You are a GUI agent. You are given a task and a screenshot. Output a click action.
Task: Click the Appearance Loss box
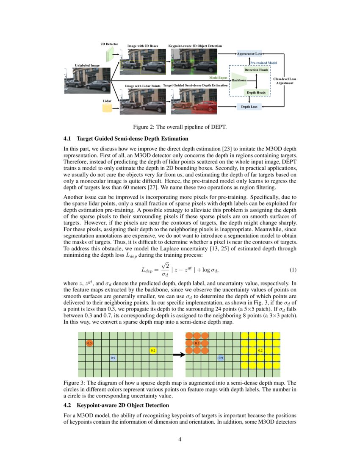point(249,54)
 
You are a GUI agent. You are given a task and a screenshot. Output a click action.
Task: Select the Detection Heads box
point(256,69)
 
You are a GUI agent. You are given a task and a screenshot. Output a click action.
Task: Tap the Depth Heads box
point(256,92)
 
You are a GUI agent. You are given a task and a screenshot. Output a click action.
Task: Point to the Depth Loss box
point(249,107)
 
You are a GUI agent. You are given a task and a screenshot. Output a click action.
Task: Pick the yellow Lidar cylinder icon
point(107,109)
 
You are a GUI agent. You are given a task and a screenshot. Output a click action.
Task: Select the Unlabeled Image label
point(87,66)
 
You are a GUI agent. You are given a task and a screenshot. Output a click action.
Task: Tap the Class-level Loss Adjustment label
point(284,81)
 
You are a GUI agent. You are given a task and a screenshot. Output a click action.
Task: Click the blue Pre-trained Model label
point(263,62)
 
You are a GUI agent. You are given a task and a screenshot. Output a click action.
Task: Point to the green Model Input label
point(219,78)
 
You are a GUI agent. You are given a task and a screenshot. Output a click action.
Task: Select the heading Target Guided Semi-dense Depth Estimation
point(133,139)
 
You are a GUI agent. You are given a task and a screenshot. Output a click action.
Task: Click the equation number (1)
point(292,270)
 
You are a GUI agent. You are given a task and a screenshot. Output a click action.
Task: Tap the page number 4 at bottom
point(180,439)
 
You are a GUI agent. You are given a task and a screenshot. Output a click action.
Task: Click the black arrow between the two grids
point(180,355)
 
